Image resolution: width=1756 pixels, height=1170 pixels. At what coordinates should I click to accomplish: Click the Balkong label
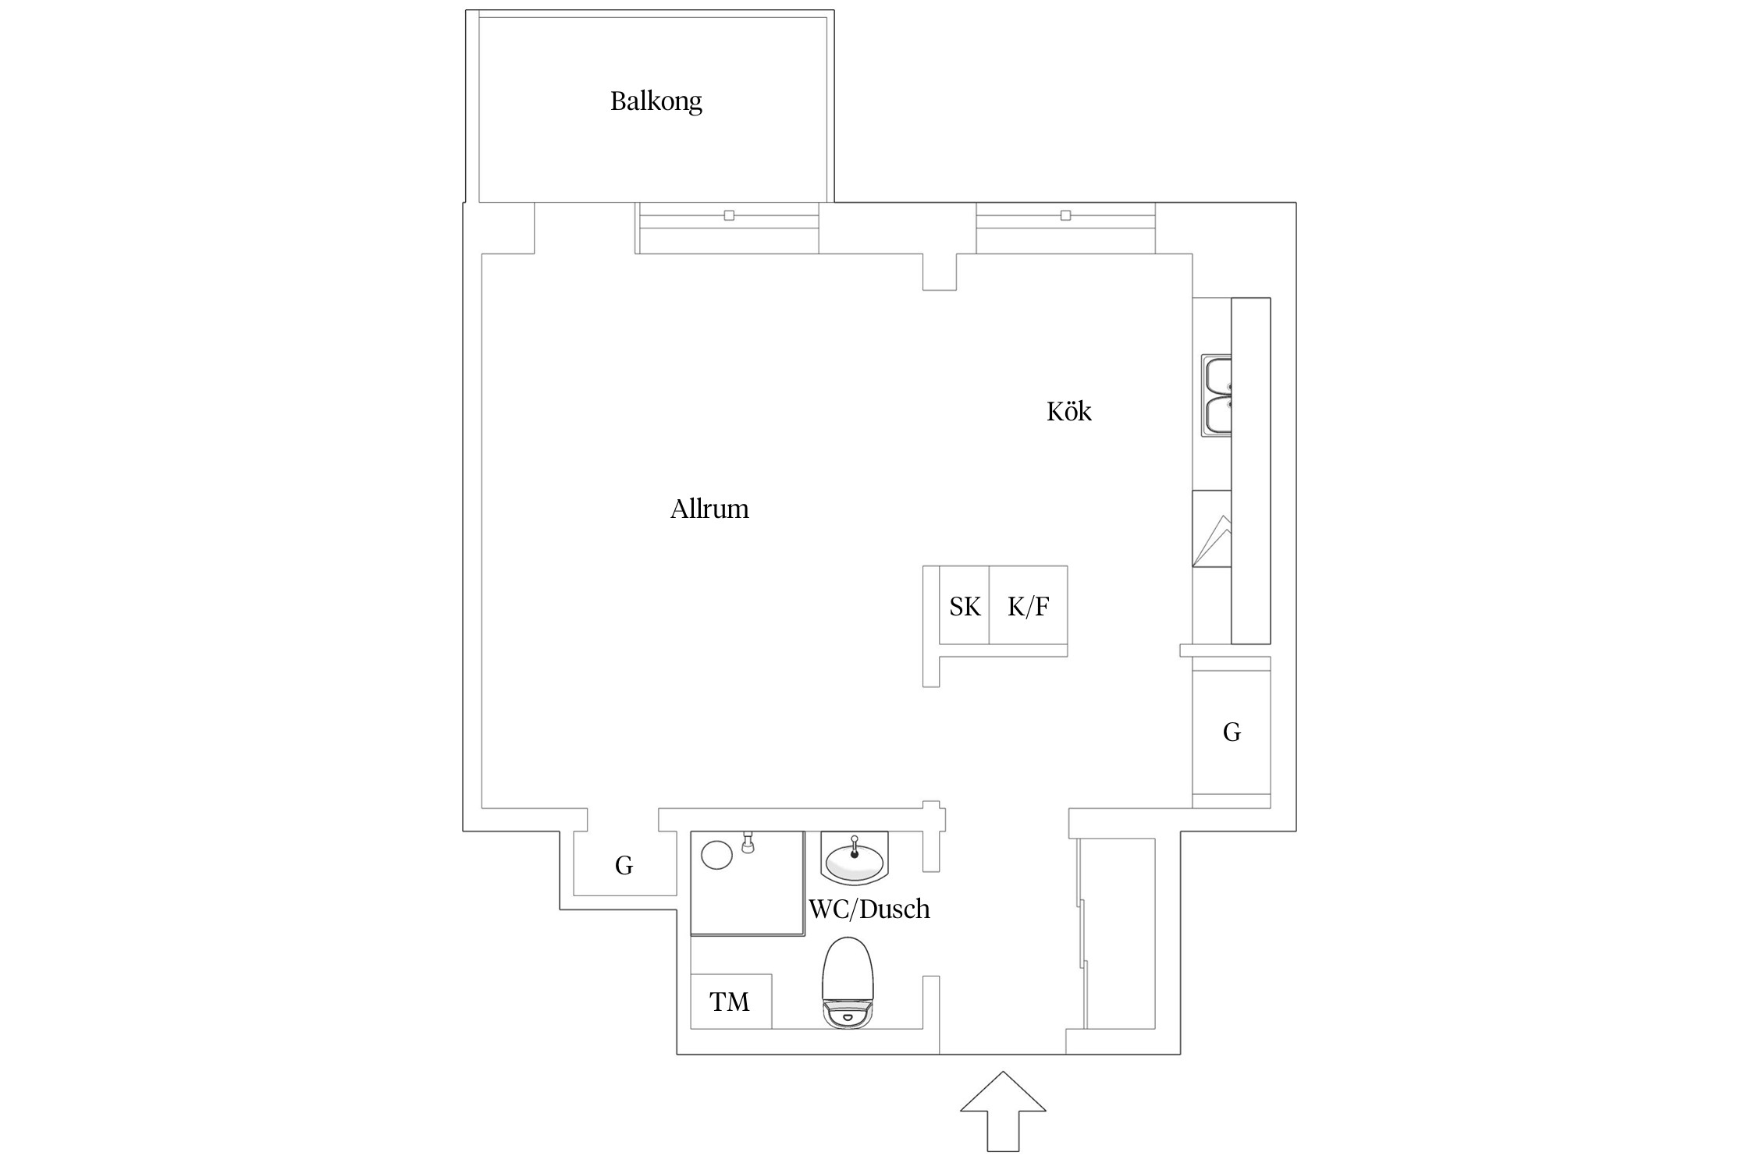click(656, 101)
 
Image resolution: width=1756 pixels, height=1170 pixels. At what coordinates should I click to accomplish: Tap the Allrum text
click(709, 509)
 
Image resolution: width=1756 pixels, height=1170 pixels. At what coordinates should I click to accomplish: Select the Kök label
click(1068, 412)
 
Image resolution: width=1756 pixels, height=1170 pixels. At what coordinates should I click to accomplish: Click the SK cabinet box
click(965, 606)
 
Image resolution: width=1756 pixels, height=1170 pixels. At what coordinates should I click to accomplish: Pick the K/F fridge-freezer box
click(1028, 606)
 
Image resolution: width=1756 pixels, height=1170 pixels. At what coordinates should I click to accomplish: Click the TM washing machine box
click(730, 1001)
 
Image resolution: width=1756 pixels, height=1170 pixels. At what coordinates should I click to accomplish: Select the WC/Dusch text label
click(869, 909)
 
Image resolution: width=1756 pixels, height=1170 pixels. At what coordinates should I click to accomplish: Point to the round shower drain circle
click(716, 854)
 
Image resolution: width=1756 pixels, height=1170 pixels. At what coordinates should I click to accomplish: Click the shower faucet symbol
click(748, 843)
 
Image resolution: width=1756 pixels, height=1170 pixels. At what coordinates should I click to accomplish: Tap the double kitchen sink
click(1217, 396)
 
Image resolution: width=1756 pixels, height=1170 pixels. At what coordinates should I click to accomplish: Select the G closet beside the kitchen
click(1232, 732)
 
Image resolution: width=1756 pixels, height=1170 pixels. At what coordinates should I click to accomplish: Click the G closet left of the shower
click(624, 865)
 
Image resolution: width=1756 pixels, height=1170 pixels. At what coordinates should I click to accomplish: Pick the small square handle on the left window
click(729, 215)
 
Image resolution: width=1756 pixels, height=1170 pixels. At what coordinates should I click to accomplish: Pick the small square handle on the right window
click(1065, 215)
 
